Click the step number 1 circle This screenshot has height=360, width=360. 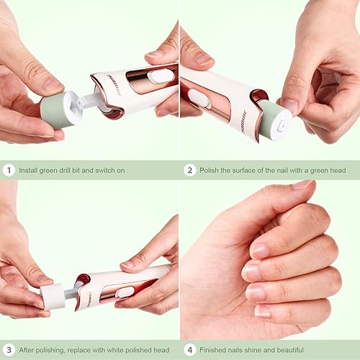pos(9,171)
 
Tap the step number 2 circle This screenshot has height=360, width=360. pos(190,171)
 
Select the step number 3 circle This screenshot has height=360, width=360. pos(9,350)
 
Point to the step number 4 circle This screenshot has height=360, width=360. pos(190,350)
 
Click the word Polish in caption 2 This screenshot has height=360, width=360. pos(214,171)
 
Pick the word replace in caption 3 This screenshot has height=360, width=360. pos(77,350)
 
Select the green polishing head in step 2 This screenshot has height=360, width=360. pos(274,120)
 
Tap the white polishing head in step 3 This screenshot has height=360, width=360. pos(52,296)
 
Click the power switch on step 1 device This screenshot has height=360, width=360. pos(162,75)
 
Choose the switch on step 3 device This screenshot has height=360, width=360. pos(125,292)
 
